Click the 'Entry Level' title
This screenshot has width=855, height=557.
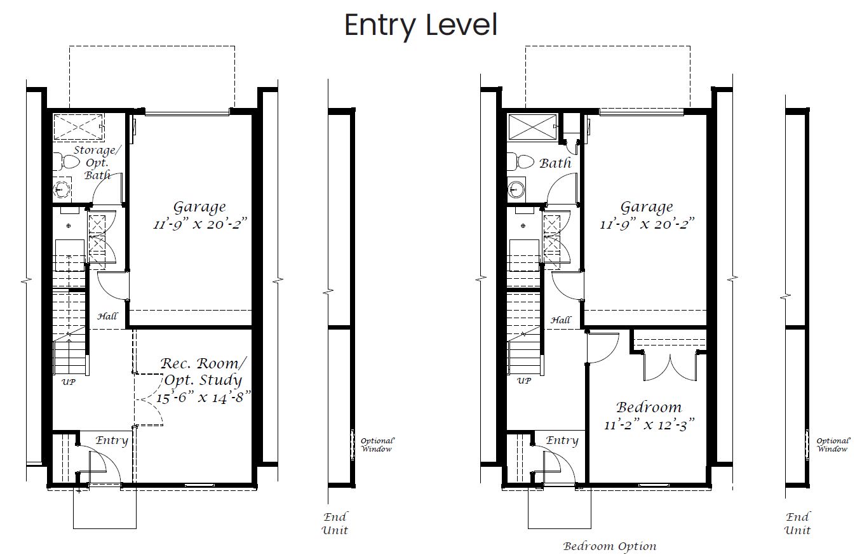(421, 25)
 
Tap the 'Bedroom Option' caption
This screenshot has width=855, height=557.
(610, 546)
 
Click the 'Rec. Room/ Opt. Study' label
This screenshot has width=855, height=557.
(203, 372)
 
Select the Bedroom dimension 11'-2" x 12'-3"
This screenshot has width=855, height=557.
(649, 424)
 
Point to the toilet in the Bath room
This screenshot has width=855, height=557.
(520, 162)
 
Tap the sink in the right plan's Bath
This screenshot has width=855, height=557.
(516, 189)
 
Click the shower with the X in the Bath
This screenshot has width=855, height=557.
(533, 127)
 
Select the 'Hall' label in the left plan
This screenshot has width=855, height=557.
(107, 316)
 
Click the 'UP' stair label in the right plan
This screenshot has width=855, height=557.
(523, 380)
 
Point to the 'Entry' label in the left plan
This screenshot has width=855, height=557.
(111, 440)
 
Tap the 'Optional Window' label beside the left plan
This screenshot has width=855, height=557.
(377, 445)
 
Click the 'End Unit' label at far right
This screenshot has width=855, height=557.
(797, 523)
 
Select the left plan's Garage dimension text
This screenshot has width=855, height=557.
(200, 224)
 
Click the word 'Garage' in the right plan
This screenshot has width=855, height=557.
(647, 207)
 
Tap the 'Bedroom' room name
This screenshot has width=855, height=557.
(649, 407)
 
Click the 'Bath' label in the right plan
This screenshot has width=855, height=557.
(555, 163)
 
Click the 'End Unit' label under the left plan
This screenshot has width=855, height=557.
(335, 523)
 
